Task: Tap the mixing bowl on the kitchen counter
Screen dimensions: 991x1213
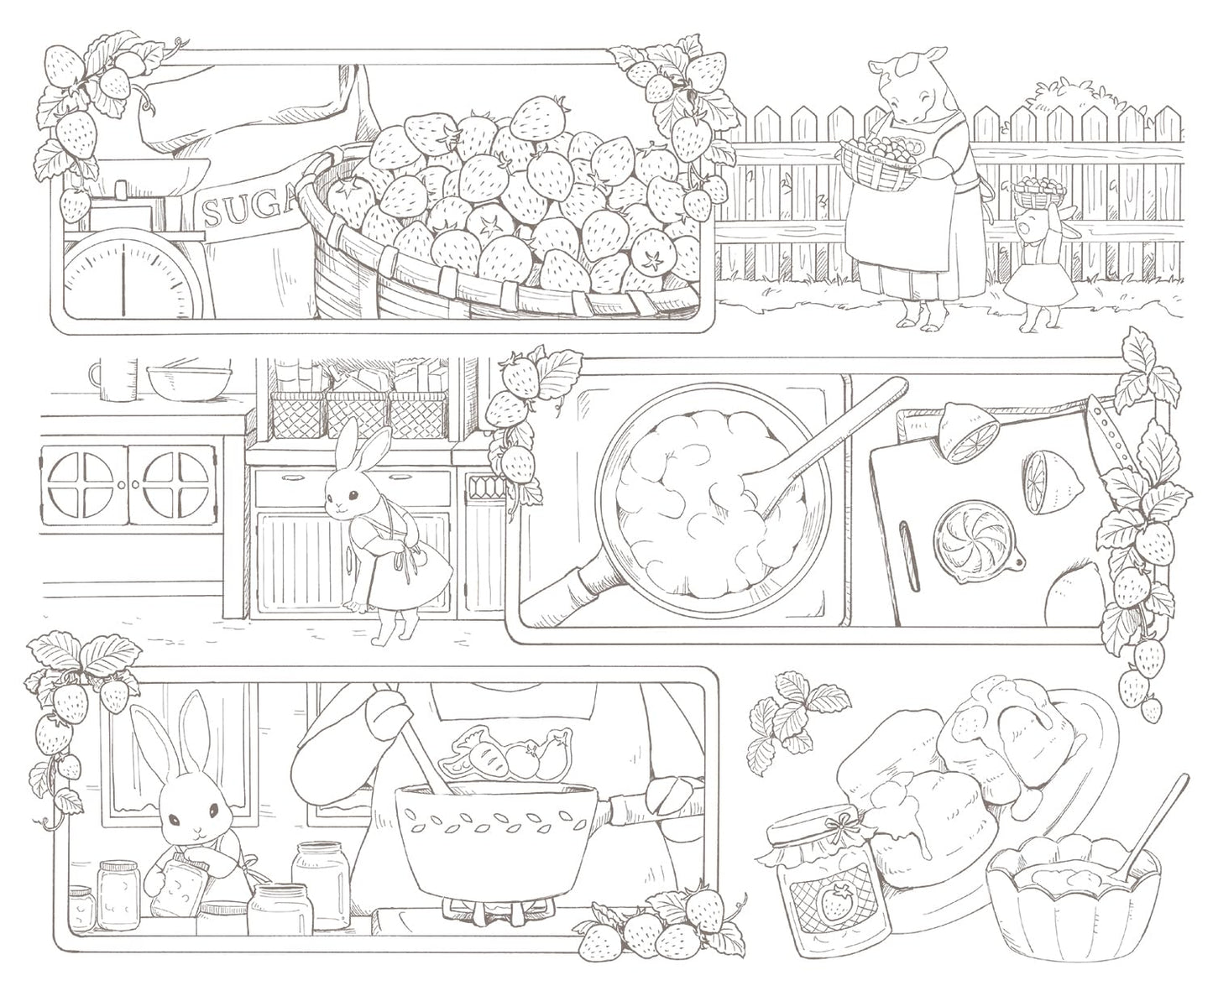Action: click(x=188, y=381)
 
